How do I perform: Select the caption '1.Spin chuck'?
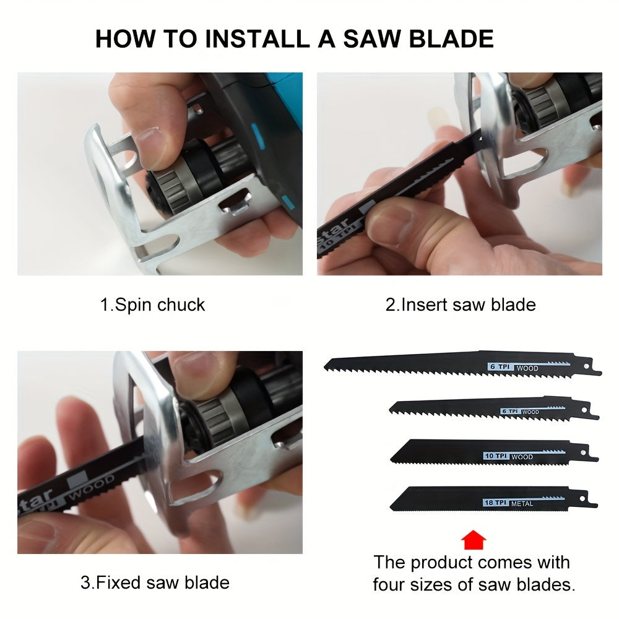tap(152, 305)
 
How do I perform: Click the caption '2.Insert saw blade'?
tap(460, 305)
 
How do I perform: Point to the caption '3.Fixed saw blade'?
tap(155, 582)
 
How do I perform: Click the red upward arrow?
tap(474, 540)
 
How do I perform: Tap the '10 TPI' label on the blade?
tap(496, 456)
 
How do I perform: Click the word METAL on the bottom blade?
tap(522, 504)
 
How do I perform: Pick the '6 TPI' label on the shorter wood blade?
tap(511, 411)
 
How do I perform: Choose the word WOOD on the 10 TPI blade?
tap(522, 457)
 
